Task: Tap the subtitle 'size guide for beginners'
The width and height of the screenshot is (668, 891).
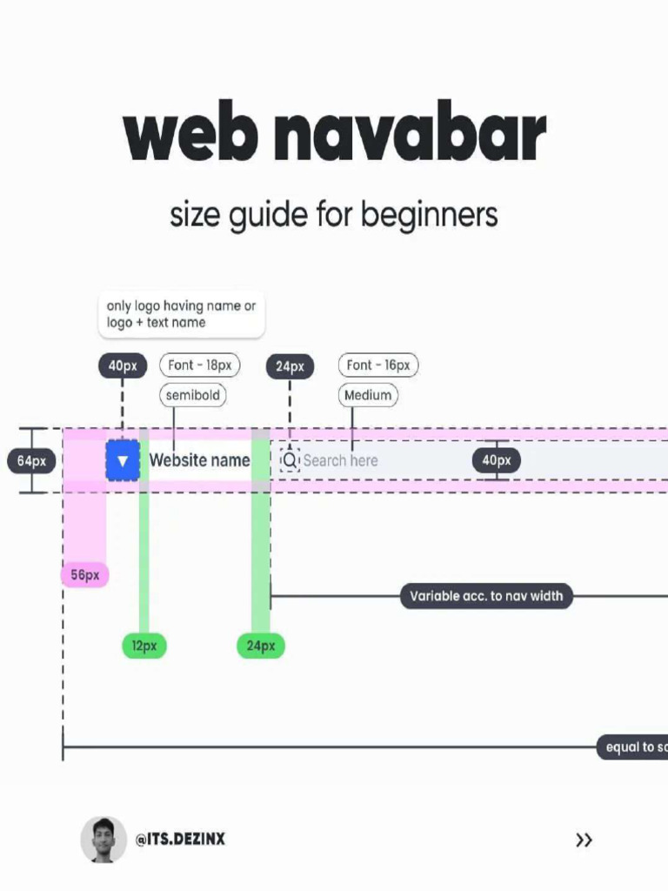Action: pos(333,214)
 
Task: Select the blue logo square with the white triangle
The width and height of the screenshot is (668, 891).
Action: pos(123,460)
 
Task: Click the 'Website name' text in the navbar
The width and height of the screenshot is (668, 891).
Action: pos(199,460)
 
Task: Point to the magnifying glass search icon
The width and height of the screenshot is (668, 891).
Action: pos(290,460)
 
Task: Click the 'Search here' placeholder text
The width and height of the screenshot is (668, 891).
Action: pos(340,460)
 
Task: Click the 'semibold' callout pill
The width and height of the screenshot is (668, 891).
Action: pos(192,395)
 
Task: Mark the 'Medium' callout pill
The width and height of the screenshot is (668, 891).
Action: pos(368,395)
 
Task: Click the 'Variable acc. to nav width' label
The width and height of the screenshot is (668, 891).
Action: pos(486,596)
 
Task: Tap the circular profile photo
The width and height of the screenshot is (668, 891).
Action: pos(104,840)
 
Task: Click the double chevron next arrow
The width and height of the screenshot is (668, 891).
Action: pos(584,840)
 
